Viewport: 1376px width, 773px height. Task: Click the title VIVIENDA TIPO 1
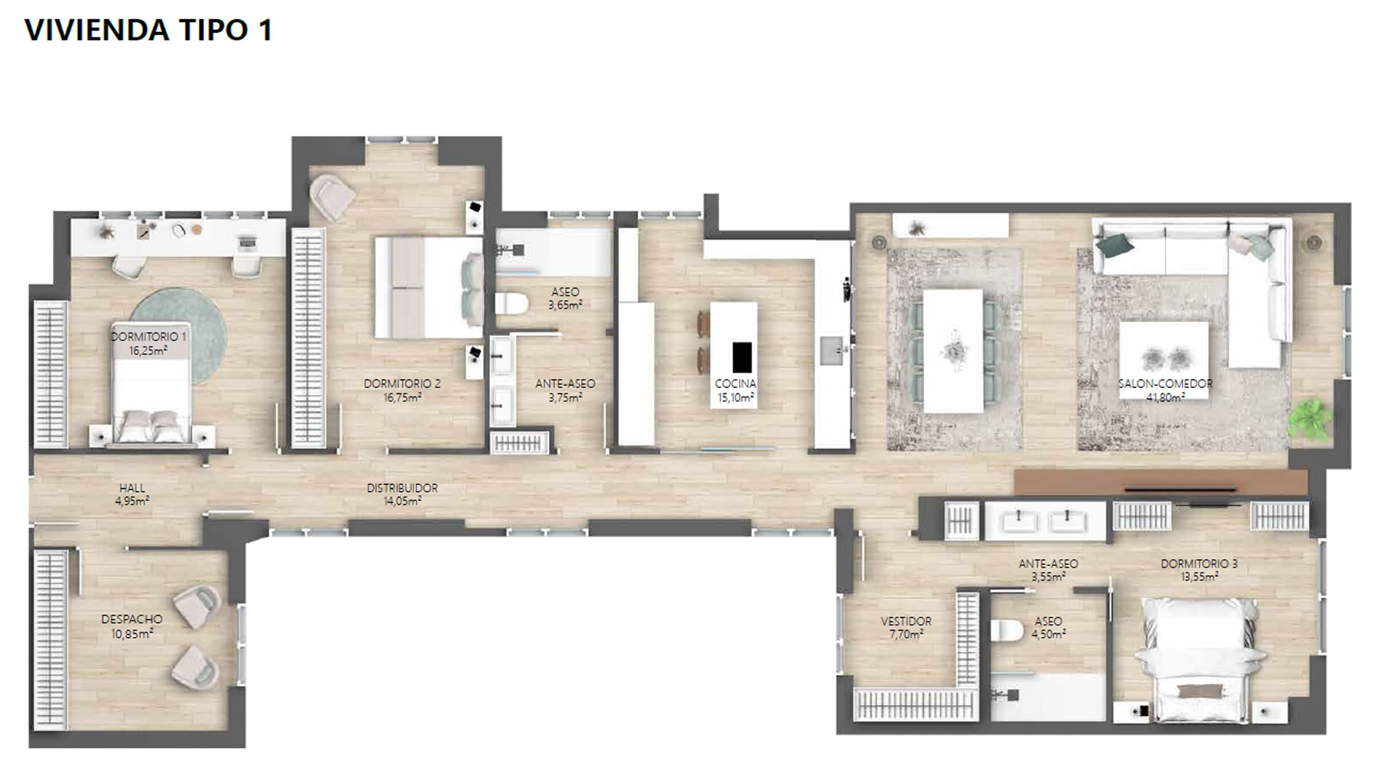pyautogui.click(x=148, y=30)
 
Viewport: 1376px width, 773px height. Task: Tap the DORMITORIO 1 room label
pyautogui.click(x=148, y=336)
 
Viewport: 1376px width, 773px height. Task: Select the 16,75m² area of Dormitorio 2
pyautogui.click(x=402, y=397)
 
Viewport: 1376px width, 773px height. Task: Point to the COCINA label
pyautogui.click(x=735, y=383)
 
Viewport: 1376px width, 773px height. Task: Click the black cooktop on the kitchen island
pyautogui.click(x=742, y=357)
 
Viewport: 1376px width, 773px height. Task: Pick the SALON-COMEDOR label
pyautogui.click(x=1165, y=383)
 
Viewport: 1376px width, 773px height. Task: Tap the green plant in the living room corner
pyautogui.click(x=1309, y=419)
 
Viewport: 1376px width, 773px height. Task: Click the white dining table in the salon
pyautogui.click(x=953, y=351)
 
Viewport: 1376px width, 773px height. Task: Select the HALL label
pyautogui.click(x=132, y=488)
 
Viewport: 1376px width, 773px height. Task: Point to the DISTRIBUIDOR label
pyautogui.click(x=402, y=488)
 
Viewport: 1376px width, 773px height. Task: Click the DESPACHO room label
pyautogui.click(x=132, y=619)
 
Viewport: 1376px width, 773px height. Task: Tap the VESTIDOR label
pyautogui.click(x=906, y=622)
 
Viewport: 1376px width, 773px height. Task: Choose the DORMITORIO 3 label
pyautogui.click(x=1199, y=564)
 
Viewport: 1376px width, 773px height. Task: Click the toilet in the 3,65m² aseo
pyautogui.click(x=511, y=304)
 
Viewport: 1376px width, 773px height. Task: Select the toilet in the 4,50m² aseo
pyautogui.click(x=1007, y=631)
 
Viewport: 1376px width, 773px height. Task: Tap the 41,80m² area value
pyautogui.click(x=1165, y=397)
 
